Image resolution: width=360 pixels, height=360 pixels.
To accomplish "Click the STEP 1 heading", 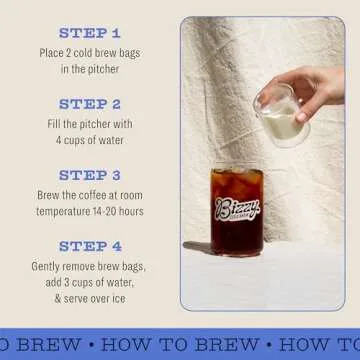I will pos(89,33).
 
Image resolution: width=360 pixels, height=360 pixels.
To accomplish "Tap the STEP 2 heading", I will pos(89,104).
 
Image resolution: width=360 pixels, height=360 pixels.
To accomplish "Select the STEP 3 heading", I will pos(89,175).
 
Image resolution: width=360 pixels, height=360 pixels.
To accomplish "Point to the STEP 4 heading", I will pos(89,246).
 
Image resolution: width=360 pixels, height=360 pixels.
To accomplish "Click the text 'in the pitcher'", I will pos(89,69).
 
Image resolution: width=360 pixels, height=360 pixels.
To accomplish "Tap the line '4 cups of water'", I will pos(89,140).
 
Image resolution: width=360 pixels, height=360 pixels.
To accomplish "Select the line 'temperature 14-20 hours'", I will pos(89,211).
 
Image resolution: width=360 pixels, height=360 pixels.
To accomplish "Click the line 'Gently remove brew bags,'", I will pos(89,267).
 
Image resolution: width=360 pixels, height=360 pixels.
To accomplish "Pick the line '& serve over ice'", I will pos(89,299).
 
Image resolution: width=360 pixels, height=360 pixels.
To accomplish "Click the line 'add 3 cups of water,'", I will pos(89,283).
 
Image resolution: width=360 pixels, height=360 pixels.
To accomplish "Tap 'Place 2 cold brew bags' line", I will pos(89,53).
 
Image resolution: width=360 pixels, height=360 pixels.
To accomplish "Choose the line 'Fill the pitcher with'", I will pos(89,124).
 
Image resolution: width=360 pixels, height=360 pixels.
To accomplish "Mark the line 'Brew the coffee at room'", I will pos(89,195).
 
